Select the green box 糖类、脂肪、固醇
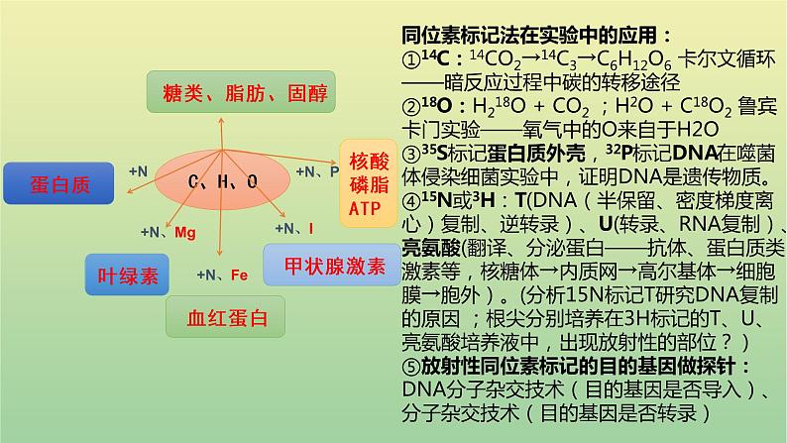coord(239,94)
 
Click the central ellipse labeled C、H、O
coord(224,181)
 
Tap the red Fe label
coord(239,275)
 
